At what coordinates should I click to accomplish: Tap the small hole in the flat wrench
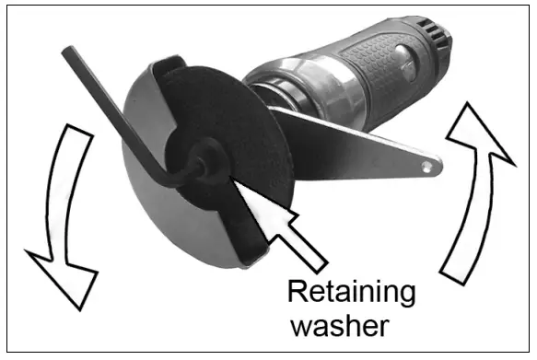click(426, 165)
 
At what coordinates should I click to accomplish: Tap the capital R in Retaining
click(298, 293)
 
